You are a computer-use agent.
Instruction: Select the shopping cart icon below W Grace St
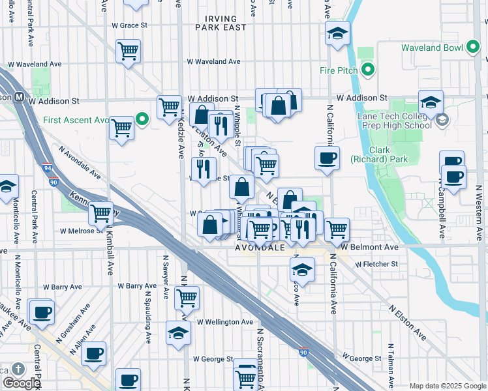tap(129, 50)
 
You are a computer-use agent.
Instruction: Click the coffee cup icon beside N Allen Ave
tap(93, 353)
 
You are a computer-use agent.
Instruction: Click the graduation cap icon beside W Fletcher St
tap(302, 268)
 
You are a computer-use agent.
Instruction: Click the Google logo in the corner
tap(21, 383)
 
